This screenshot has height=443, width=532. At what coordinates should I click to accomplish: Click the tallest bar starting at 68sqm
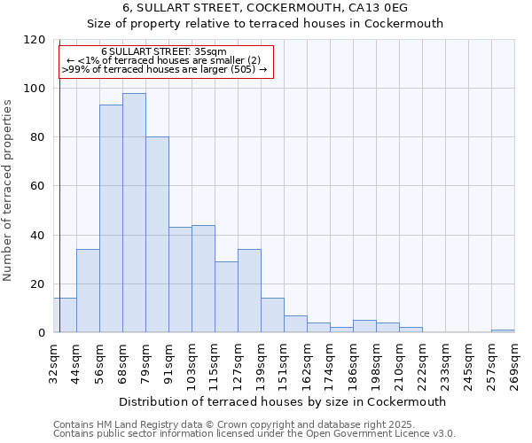click(x=134, y=213)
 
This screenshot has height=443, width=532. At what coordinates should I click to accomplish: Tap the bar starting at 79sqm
click(x=157, y=235)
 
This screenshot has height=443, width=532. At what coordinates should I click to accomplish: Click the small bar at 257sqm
click(x=503, y=330)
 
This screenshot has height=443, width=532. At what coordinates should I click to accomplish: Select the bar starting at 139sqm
click(x=272, y=315)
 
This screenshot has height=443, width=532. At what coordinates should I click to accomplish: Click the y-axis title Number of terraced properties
click(x=8, y=190)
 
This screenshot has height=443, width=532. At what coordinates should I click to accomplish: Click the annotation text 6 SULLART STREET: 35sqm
click(x=164, y=52)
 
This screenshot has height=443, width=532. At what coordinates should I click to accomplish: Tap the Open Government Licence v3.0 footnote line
click(x=254, y=434)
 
